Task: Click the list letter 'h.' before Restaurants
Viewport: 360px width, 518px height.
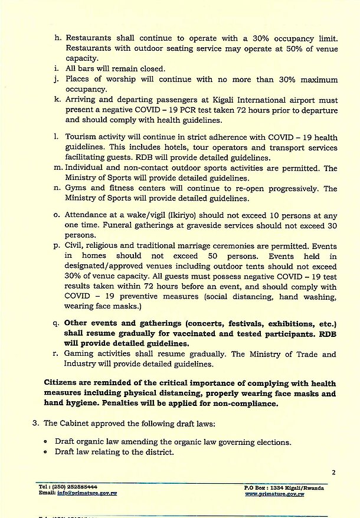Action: (x=58, y=37)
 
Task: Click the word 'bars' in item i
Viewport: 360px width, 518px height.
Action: (x=87, y=68)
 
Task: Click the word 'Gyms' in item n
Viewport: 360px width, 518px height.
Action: (x=75, y=189)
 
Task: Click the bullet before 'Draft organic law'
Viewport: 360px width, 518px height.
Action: (x=46, y=442)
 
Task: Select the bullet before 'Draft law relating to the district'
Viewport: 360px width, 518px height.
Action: (x=46, y=453)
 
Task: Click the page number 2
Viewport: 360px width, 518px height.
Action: (x=333, y=472)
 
